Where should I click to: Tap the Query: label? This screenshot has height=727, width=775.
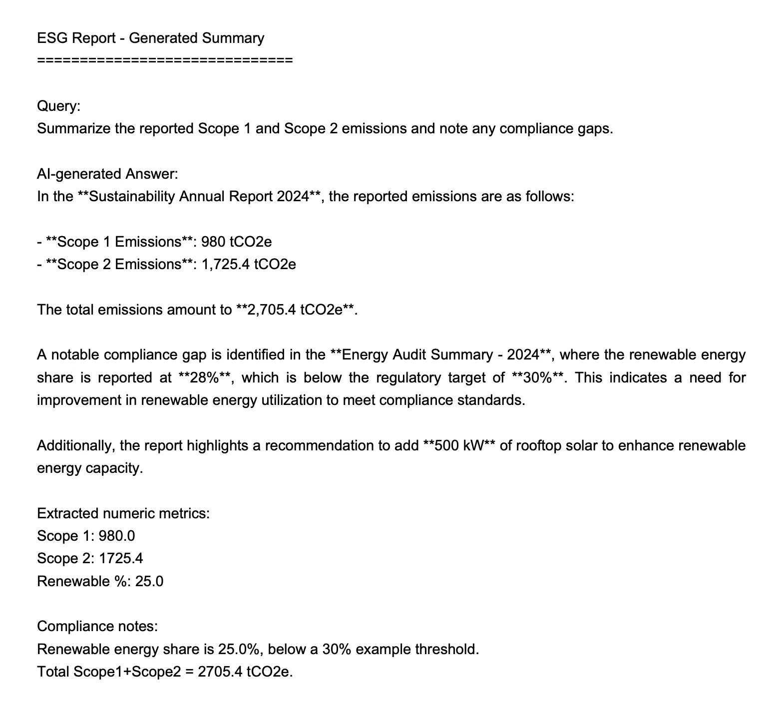(58, 106)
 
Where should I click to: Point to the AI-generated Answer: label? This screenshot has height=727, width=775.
(107, 174)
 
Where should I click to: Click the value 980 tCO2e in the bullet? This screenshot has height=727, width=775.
(236, 242)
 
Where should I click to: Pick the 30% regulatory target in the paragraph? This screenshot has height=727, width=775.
(540, 377)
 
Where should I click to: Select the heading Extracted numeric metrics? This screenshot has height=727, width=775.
(123, 513)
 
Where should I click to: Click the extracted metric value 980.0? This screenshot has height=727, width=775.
(117, 536)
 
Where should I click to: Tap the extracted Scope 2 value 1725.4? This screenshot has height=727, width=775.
(121, 559)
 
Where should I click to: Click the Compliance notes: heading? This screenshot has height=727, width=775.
(97, 626)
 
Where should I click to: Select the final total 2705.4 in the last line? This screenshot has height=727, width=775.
(220, 672)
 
